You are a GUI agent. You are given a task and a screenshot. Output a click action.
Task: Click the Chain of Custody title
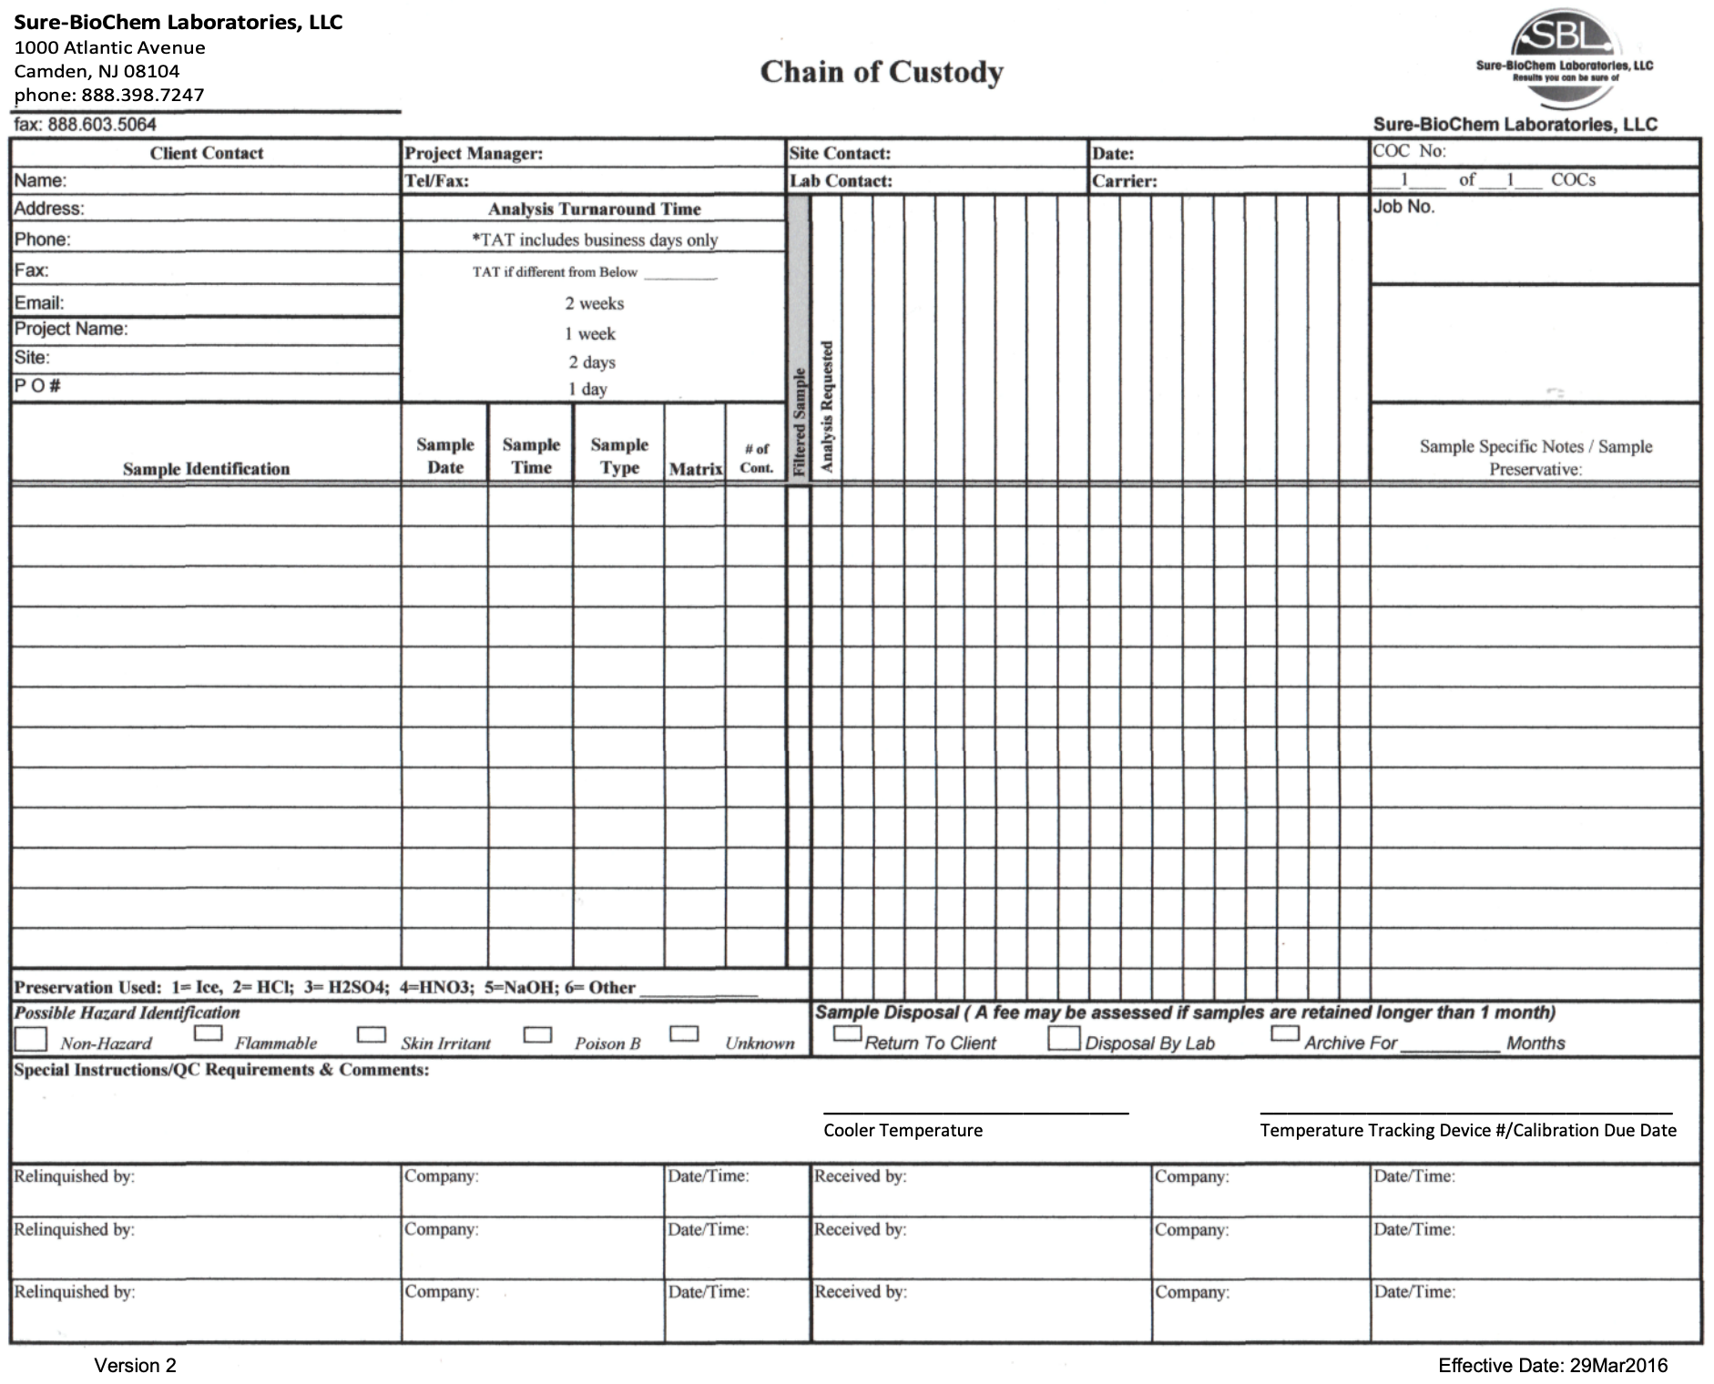882,72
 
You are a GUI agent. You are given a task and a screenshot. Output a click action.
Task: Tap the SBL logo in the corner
1563,46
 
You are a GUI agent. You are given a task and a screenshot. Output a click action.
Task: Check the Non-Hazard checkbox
31,1038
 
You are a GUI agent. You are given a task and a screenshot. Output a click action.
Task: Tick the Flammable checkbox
209,1033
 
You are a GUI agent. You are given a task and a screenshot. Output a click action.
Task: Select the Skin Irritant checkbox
371,1034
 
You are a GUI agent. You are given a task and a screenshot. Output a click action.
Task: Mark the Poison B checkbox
537,1034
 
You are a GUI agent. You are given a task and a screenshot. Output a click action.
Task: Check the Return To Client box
847,1033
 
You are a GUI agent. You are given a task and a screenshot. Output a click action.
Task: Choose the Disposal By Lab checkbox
1063,1038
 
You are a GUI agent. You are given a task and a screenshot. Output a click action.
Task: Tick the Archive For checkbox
1284,1033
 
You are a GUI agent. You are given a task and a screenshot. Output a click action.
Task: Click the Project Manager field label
474,154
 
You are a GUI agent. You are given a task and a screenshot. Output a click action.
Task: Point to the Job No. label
1403,207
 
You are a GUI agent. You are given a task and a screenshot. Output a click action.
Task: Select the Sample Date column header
445,455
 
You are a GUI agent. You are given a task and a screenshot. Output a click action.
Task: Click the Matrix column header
695,469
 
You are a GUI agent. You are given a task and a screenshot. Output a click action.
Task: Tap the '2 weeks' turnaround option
594,303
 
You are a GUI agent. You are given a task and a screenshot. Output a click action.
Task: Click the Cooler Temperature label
903,1130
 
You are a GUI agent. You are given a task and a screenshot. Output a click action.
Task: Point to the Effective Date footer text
1553,1365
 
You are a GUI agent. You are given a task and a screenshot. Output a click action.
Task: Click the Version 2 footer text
135,1365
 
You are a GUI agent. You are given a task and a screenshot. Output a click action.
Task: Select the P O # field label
37,386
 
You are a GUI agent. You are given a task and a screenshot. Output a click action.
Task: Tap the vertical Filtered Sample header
799,421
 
